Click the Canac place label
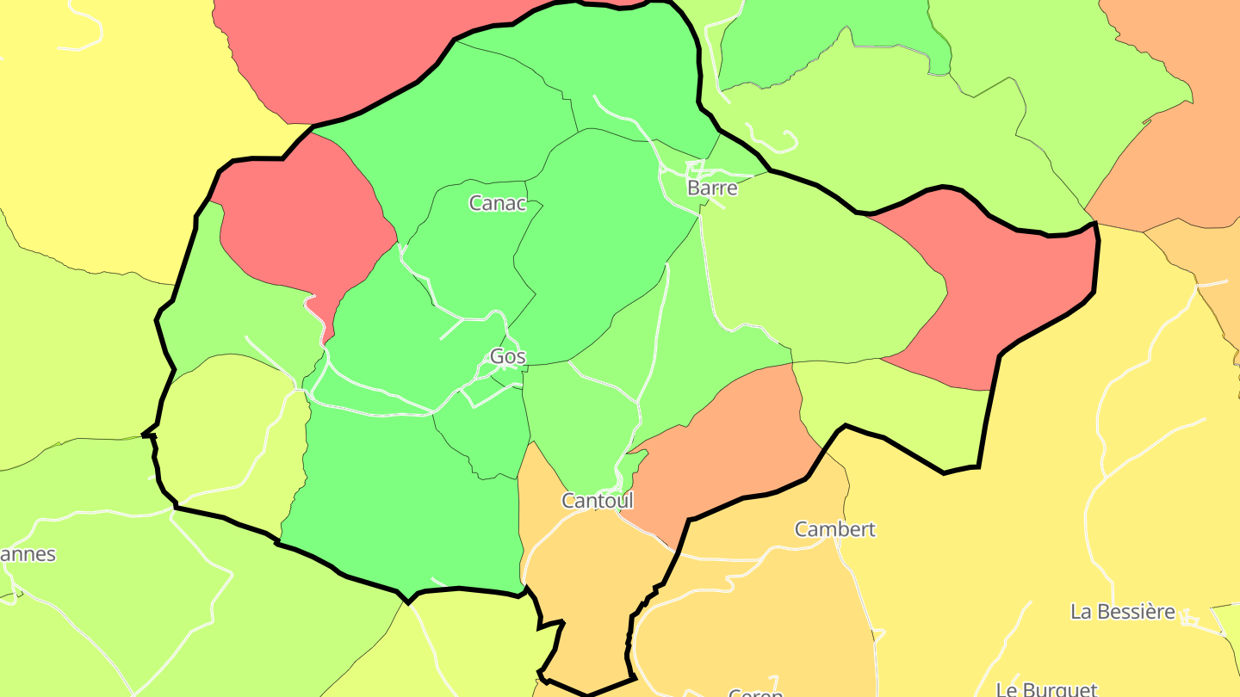coord(497,203)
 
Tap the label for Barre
coord(712,188)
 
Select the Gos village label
coord(507,356)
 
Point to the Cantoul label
coord(597,500)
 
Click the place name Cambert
coord(834,529)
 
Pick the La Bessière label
coord(1122,612)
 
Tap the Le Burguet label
coord(1046,688)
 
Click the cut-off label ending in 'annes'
coord(28,554)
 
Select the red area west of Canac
coord(301,224)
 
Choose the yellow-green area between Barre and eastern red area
coord(818,275)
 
